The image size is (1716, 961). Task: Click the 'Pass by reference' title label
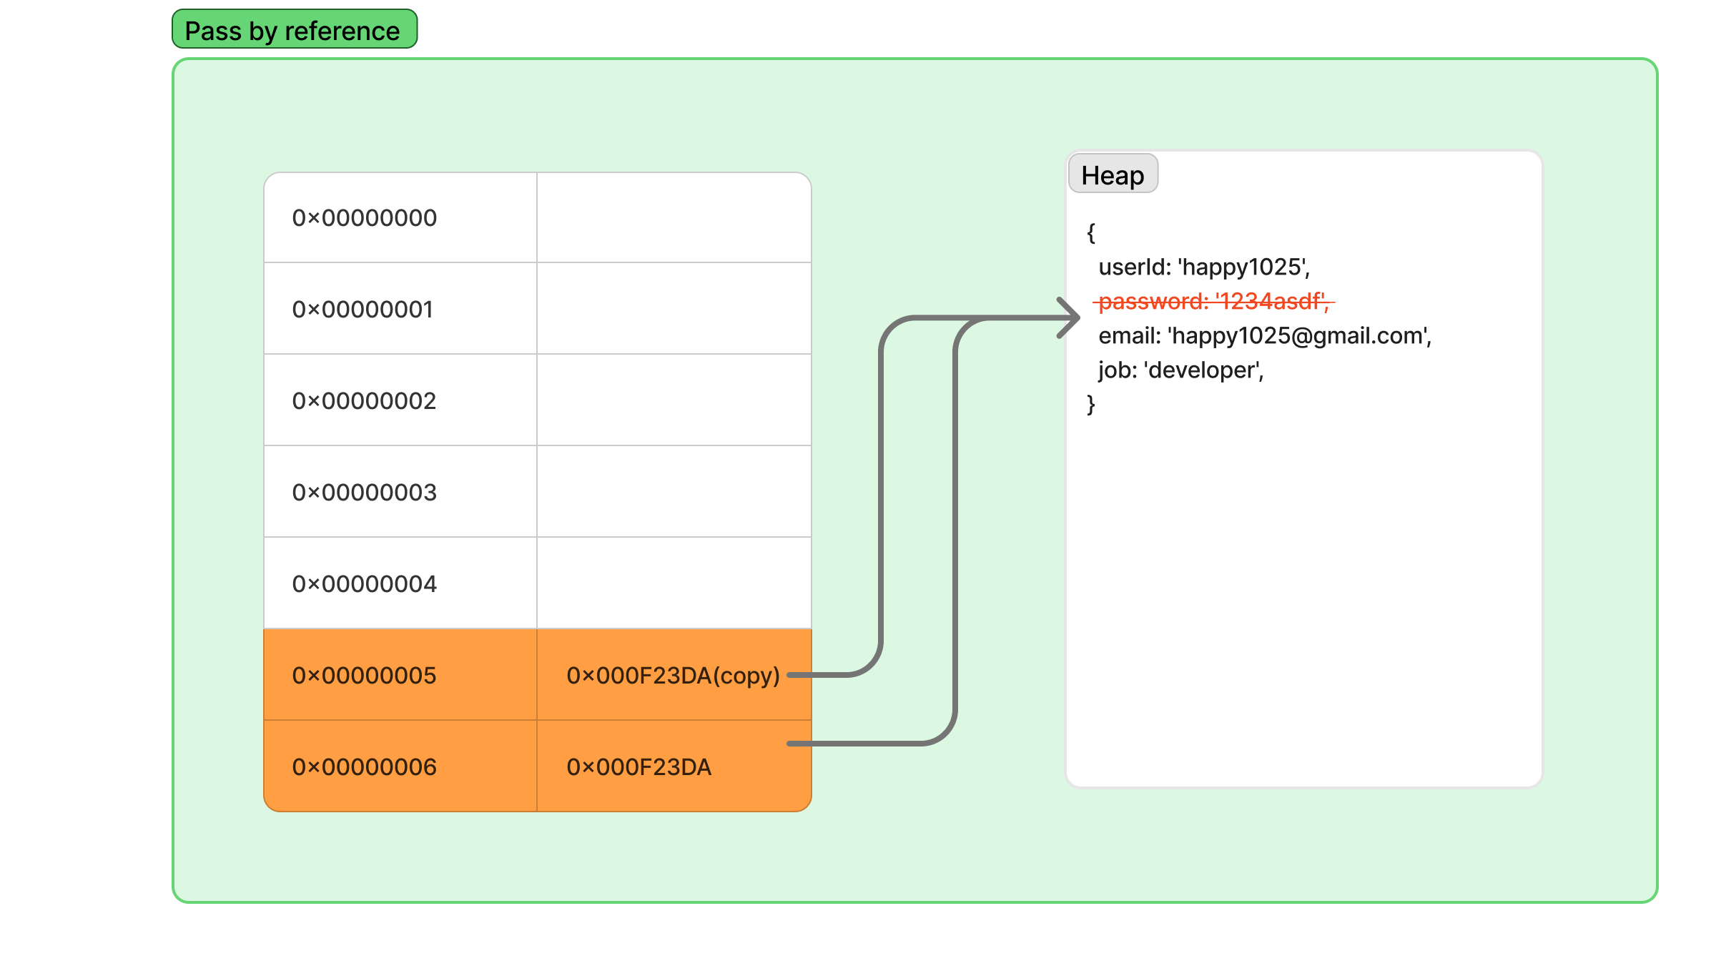point(295,29)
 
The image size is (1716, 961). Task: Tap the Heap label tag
point(1113,174)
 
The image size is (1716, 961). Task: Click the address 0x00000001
point(363,310)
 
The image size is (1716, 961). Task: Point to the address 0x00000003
point(365,493)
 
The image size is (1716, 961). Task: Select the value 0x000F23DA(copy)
point(674,676)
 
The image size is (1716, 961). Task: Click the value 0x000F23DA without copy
point(639,767)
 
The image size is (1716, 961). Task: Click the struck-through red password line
point(1214,302)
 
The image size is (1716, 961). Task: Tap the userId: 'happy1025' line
point(1205,267)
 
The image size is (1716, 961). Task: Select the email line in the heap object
point(1266,336)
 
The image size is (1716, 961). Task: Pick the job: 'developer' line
point(1181,370)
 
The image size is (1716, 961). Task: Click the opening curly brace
point(1091,232)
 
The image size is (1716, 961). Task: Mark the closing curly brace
point(1091,404)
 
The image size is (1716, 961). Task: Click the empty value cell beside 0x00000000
point(674,217)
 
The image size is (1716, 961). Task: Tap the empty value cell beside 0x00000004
point(674,583)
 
